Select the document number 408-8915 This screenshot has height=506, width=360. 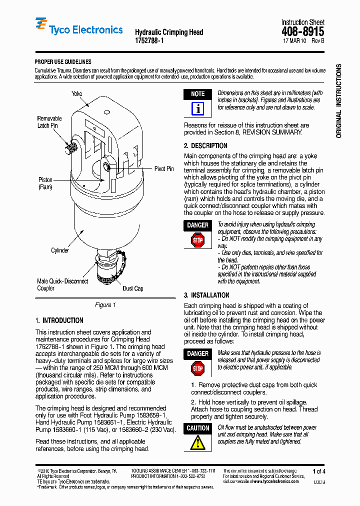(x=303, y=32)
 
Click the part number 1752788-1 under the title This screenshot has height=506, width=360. (x=149, y=41)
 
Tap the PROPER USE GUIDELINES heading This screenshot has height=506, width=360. (x=62, y=62)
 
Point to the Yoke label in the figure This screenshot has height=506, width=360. (x=76, y=93)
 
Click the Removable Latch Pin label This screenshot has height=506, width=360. (x=49, y=122)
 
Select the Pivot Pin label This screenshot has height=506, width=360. (x=164, y=169)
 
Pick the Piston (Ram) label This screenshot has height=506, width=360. (x=45, y=183)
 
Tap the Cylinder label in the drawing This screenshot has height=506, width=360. (x=60, y=250)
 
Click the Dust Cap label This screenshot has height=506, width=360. (x=133, y=288)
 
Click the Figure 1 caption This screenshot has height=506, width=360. (x=105, y=305)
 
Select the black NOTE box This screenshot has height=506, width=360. (x=198, y=94)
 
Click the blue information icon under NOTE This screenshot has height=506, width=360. (x=198, y=108)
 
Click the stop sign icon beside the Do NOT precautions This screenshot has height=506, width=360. (x=198, y=240)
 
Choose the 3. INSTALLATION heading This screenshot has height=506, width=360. (x=206, y=295)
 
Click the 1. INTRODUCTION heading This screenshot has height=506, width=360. (x=59, y=320)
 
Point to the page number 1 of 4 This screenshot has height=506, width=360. (x=318, y=471)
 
